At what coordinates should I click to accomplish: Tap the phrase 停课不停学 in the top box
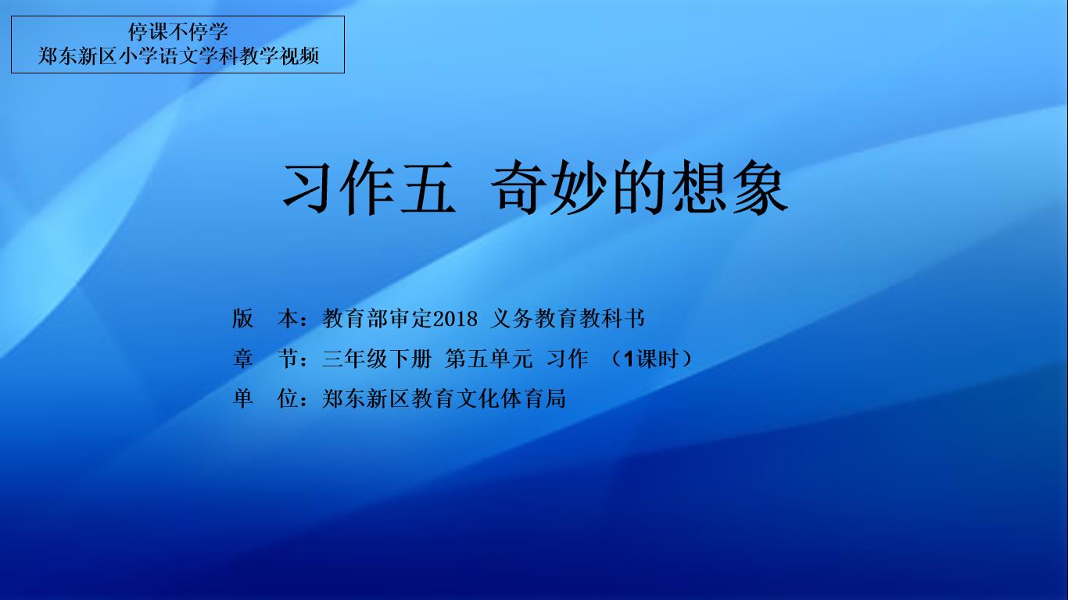(178, 32)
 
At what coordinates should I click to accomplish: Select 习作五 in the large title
(369, 187)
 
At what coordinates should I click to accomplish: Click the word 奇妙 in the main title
(548, 187)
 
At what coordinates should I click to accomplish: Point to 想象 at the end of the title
(729, 187)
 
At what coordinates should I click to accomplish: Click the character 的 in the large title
(639, 187)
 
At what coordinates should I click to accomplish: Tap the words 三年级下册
(377, 359)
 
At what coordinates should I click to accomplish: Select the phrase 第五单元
(489, 359)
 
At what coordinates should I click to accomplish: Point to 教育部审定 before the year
(377, 318)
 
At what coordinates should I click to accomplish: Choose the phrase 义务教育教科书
(568, 318)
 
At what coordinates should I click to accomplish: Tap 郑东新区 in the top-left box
(77, 55)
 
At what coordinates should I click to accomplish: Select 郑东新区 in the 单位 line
(366, 398)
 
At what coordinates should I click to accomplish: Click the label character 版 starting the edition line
(242, 318)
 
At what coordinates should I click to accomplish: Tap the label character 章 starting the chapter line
(242, 359)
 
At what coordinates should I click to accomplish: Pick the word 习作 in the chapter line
(568, 359)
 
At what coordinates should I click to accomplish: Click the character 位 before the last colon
(288, 398)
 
